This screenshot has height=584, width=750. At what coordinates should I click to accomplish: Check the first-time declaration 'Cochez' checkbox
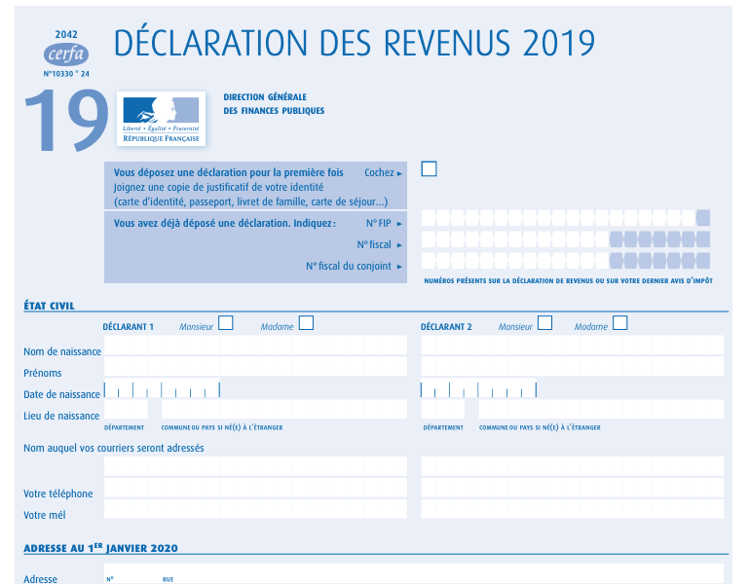(429, 169)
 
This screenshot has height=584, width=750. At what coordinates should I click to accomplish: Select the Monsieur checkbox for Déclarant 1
(226, 323)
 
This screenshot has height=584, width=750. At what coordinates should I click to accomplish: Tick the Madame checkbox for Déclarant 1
(306, 323)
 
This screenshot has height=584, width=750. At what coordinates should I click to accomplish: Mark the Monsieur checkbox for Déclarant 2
(545, 323)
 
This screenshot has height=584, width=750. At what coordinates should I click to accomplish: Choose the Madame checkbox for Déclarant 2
(619, 323)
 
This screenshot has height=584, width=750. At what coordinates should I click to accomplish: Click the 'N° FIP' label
(378, 223)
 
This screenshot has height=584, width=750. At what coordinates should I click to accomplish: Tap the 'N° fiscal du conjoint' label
(348, 266)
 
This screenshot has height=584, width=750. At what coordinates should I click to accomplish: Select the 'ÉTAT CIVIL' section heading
(50, 306)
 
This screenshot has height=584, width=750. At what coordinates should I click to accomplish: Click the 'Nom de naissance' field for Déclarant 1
(255, 346)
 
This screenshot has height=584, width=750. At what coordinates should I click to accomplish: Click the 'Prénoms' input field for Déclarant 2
(572, 367)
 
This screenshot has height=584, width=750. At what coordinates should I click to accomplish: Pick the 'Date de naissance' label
(61, 394)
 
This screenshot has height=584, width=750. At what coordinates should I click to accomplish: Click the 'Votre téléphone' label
(58, 493)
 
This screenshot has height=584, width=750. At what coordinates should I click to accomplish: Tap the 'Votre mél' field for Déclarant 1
(255, 509)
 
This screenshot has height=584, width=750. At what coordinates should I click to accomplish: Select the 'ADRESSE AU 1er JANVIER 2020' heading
(100, 548)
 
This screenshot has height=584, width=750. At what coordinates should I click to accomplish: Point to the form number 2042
(65, 33)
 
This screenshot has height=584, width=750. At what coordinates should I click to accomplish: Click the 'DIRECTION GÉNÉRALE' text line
(265, 97)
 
